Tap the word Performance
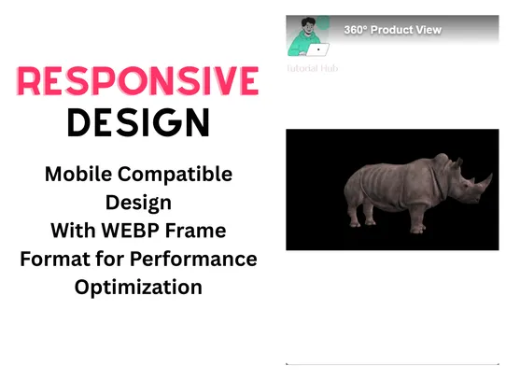click(192, 258)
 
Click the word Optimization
click(138, 286)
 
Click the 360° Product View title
click(392, 30)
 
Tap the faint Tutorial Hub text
click(315, 68)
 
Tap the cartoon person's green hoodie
click(301, 44)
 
